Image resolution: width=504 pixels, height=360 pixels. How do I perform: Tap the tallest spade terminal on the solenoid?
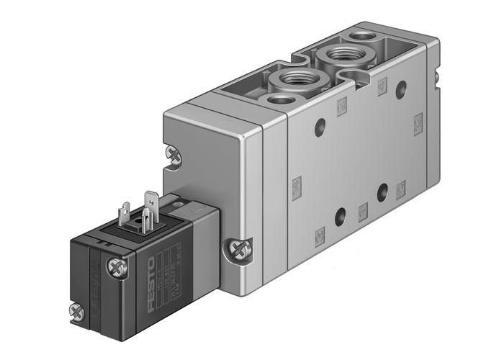coord(150,204)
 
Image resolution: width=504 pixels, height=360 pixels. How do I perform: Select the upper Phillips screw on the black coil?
coord(115,267)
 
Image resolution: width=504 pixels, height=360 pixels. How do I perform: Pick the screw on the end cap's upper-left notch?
coord(173,153)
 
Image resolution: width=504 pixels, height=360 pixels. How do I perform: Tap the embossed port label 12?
coord(417,126)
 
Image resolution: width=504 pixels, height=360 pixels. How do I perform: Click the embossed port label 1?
coord(363,210)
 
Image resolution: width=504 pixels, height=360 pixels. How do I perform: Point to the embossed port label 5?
coord(319,233)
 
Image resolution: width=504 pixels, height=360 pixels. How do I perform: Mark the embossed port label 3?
coord(401,188)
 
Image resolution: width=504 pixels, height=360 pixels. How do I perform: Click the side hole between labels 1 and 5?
coord(340,214)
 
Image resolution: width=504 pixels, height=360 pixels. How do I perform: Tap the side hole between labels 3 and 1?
coord(382,192)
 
